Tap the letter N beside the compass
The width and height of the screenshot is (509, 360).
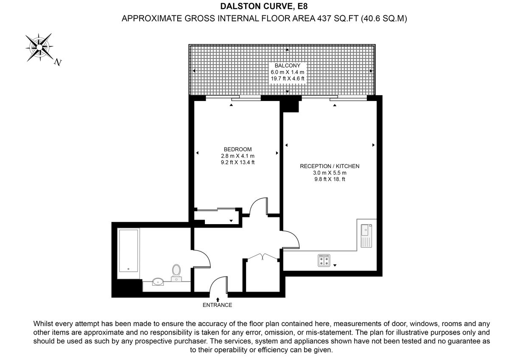pyautogui.click(x=58, y=62)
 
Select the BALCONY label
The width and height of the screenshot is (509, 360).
pyautogui.click(x=287, y=66)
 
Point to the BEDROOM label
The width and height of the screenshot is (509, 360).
pyautogui.click(x=238, y=149)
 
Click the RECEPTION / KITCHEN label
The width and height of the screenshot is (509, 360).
pyautogui.click(x=330, y=166)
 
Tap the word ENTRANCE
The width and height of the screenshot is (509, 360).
pyautogui.click(x=217, y=305)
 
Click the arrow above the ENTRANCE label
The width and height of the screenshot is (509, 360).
pyautogui.click(x=218, y=299)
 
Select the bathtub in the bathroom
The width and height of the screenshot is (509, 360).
pyautogui.click(x=129, y=251)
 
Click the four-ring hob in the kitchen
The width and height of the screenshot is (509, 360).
pyautogui.click(x=324, y=261)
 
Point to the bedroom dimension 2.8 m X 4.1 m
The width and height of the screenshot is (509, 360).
pyautogui.click(x=238, y=156)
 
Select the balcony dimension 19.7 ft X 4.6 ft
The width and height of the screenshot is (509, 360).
pyautogui.click(x=287, y=79)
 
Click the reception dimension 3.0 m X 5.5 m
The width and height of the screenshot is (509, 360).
pyautogui.click(x=330, y=173)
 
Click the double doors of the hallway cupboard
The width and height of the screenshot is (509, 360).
pyautogui.click(x=262, y=256)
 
